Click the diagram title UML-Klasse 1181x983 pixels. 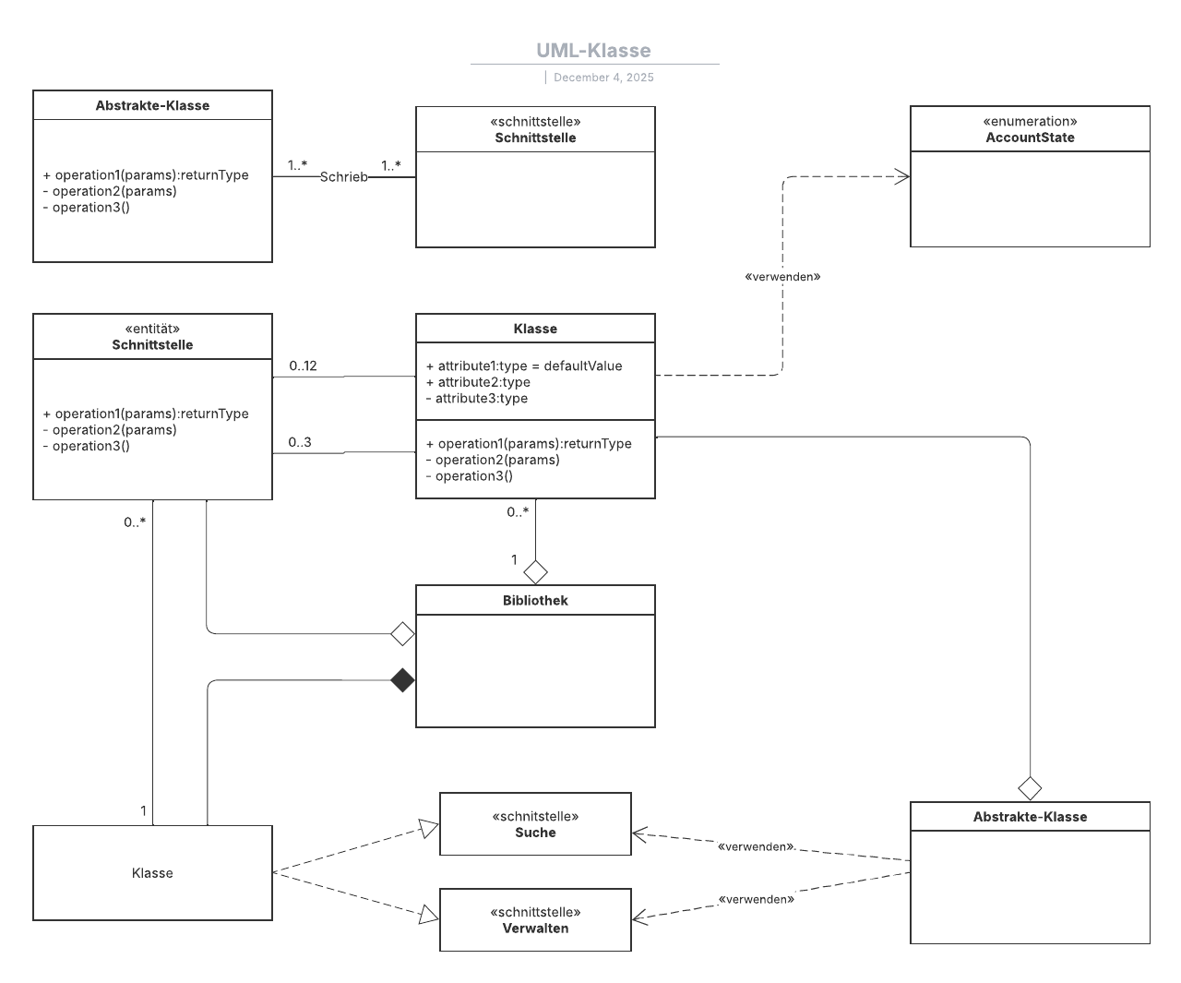pos(593,51)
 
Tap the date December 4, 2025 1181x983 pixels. pos(603,78)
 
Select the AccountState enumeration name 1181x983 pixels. pos(1030,138)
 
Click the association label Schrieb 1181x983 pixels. pos(343,176)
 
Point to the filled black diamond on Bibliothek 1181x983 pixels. pos(402,680)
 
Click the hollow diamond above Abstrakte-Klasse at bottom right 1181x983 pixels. pos(1030,788)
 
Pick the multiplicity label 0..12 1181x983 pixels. pos(303,366)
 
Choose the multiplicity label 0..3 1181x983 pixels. pos(300,442)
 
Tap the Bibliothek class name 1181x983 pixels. pos(535,600)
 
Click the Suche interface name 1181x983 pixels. pos(535,833)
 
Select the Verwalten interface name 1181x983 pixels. pos(535,929)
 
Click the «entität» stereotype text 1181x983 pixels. pos(152,329)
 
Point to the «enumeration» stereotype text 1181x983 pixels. pos(1030,122)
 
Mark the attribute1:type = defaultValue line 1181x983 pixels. pos(524,366)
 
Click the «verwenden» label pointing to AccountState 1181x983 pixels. pos(782,276)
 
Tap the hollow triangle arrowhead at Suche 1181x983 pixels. pos(429,828)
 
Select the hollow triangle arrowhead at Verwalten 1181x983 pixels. pos(429,914)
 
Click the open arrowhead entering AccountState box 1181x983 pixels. pos(901,176)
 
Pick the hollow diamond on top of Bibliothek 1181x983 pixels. pos(535,572)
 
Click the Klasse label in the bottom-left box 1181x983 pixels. pos(152,873)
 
